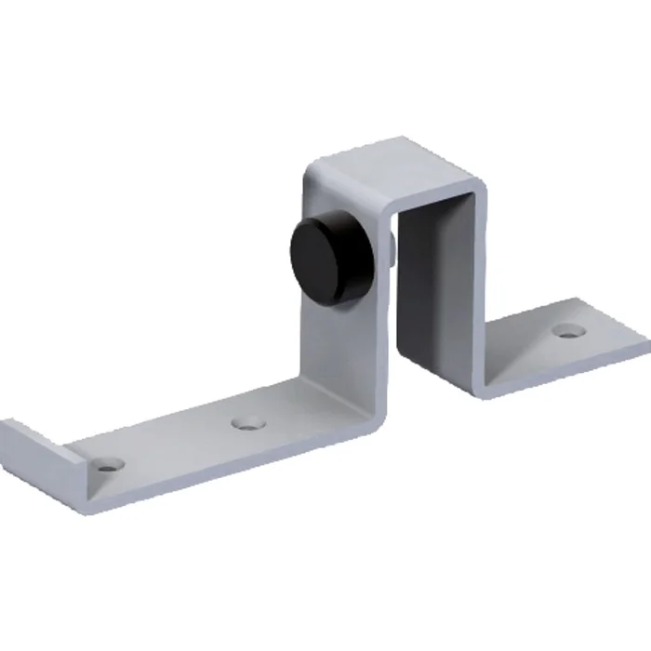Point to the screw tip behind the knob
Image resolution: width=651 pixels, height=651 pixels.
coord(393,248)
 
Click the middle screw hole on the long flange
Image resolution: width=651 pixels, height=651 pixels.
coord(247,423)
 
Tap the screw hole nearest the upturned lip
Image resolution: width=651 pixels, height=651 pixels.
coord(111,462)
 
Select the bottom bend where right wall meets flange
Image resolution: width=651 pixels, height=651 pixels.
coord(479,381)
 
